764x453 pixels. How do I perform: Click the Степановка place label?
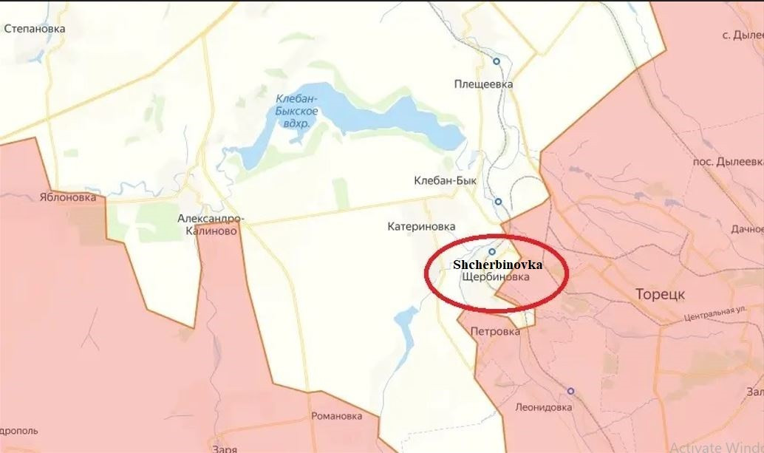pyautogui.click(x=35, y=29)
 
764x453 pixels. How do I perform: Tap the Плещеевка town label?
pyautogui.click(x=483, y=84)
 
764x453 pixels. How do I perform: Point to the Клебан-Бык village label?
pyautogui.click(x=446, y=180)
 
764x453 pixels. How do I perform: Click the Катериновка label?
pyautogui.click(x=421, y=227)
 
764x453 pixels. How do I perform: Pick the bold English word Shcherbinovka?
pyautogui.click(x=497, y=264)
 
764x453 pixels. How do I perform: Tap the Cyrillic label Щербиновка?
pyautogui.click(x=494, y=278)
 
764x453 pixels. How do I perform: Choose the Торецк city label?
pyautogui.click(x=660, y=294)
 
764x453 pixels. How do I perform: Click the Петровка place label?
pyautogui.click(x=495, y=332)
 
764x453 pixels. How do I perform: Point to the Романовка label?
pyautogui.click(x=336, y=416)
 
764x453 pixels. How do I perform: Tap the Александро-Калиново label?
pyautogui.click(x=211, y=225)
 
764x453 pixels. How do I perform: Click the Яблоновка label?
pyautogui.click(x=68, y=198)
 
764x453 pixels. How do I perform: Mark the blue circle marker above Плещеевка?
pyautogui.click(x=497, y=61)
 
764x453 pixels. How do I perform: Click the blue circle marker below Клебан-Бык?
pyautogui.click(x=499, y=201)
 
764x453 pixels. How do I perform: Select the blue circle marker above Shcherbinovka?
pyautogui.click(x=491, y=251)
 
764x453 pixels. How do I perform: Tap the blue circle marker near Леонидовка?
pyautogui.click(x=570, y=391)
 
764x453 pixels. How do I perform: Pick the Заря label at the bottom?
pyautogui.click(x=223, y=449)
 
